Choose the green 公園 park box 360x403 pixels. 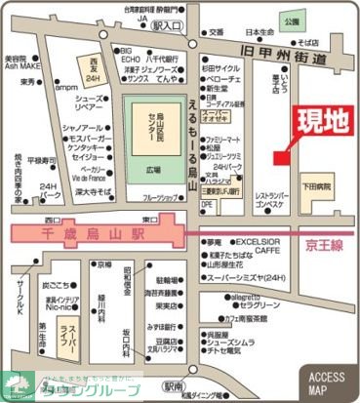(x=290, y=19)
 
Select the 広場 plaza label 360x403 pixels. (x=152, y=168)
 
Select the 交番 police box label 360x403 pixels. (x=216, y=32)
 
